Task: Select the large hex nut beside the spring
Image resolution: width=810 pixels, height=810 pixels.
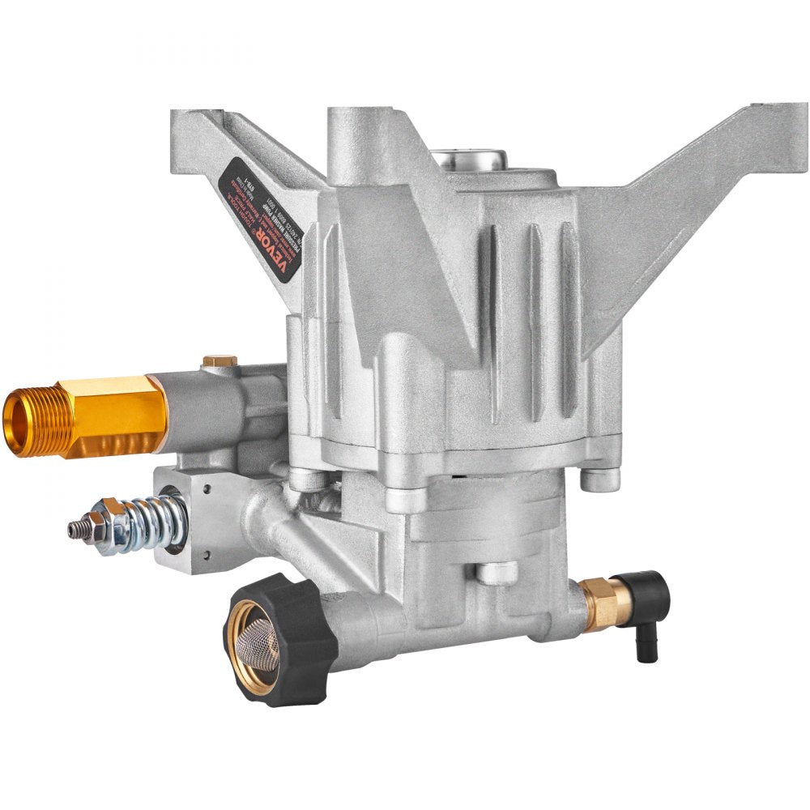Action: (x=109, y=529)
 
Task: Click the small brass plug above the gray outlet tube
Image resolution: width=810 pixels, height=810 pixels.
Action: (x=220, y=360)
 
